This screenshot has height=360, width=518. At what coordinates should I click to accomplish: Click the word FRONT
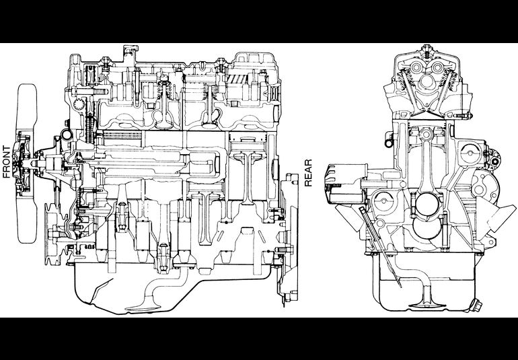coord(7,162)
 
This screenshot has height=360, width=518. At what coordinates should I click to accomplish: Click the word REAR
coord(308,173)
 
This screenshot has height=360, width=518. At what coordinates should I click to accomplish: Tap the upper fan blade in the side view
coord(28,109)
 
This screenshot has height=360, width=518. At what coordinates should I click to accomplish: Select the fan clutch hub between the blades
coord(25,164)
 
